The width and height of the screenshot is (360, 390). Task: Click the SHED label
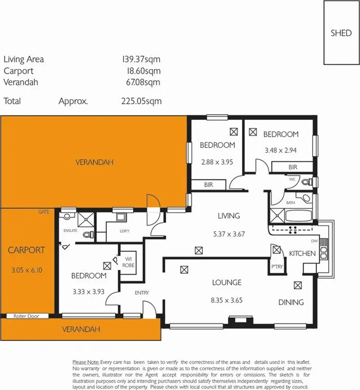(341, 33)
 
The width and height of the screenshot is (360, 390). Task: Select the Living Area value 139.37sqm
(141, 59)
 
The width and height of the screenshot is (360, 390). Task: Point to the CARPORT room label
(26, 250)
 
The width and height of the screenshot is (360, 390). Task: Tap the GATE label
(43, 212)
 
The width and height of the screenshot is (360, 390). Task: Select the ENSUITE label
(70, 230)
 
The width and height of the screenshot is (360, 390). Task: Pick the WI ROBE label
(129, 261)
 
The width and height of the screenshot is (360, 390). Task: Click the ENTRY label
(142, 292)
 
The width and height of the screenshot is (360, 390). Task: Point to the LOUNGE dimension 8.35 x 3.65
(226, 300)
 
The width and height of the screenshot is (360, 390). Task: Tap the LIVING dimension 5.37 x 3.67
(229, 234)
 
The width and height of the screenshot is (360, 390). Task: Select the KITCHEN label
(302, 253)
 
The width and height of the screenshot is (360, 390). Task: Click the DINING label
(291, 302)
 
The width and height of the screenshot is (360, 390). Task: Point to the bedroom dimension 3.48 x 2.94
(280, 150)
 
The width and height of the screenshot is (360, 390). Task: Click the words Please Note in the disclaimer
(85, 362)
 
